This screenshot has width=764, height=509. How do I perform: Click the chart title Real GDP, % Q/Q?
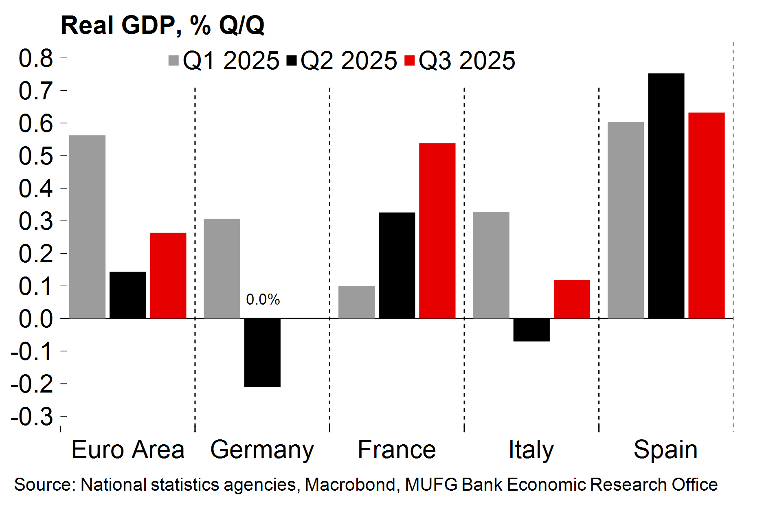pyautogui.click(x=162, y=25)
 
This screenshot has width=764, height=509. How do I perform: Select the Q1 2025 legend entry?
pyautogui.click(x=224, y=61)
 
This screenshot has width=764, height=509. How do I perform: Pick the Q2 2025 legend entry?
pyautogui.click(x=342, y=61)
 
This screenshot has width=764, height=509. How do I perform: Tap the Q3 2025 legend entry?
pyautogui.click(x=460, y=61)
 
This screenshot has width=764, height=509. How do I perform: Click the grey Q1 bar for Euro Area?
pyautogui.click(x=87, y=226)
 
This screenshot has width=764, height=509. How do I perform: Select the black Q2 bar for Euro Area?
pyautogui.click(x=127, y=295)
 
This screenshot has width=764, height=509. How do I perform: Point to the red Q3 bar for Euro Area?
pyautogui.click(x=168, y=275)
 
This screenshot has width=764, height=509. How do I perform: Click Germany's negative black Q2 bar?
pyautogui.click(x=262, y=352)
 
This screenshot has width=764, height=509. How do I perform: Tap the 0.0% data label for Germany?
pyautogui.click(x=263, y=300)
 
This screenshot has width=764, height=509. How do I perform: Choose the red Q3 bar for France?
pyautogui.click(x=437, y=230)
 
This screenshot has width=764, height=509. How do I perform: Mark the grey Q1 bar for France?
pyautogui.click(x=356, y=302)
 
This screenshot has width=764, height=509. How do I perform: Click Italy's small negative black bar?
pyautogui.click(x=531, y=330)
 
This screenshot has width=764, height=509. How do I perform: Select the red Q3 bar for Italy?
pyautogui.click(x=572, y=299)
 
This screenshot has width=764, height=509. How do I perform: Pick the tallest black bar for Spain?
pyautogui.click(x=666, y=195)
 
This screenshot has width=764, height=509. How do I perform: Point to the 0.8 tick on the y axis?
pyautogui.click(x=36, y=58)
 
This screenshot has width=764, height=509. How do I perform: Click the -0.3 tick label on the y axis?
pyautogui.click(x=32, y=417)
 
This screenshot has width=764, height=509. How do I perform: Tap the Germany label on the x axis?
pyautogui.click(x=262, y=450)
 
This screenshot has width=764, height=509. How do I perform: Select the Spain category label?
pyautogui.click(x=665, y=450)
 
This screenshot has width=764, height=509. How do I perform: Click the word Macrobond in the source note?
pyautogui.click(x=350, y=485)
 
